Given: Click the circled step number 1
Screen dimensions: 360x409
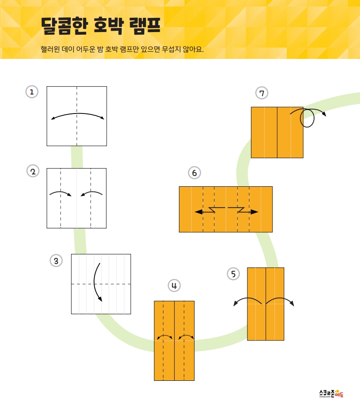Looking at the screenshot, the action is coord(32,92).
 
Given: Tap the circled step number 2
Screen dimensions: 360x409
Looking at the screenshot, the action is coord(33,172).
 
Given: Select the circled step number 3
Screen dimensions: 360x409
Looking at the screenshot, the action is coord(56,260).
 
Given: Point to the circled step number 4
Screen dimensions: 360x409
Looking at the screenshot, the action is coord(174,286).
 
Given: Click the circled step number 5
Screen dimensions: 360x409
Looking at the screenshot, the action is coord(233,274).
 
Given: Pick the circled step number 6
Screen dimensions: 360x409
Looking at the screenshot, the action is coord(195,173).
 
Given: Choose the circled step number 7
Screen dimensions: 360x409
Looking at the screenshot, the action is coord(262,93).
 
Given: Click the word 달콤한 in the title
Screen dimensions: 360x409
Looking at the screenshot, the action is coord(64,26).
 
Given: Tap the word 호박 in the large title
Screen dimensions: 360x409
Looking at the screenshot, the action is coord(108,26).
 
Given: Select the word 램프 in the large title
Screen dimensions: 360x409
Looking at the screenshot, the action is coord(145,26).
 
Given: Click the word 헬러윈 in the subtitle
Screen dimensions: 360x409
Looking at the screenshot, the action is coord(50,49).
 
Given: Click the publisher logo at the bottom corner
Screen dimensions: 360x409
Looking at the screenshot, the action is coord(331,393).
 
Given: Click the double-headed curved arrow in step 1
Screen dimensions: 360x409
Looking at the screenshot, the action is coord(78,114).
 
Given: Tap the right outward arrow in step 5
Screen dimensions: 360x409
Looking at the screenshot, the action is coord(280,298).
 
